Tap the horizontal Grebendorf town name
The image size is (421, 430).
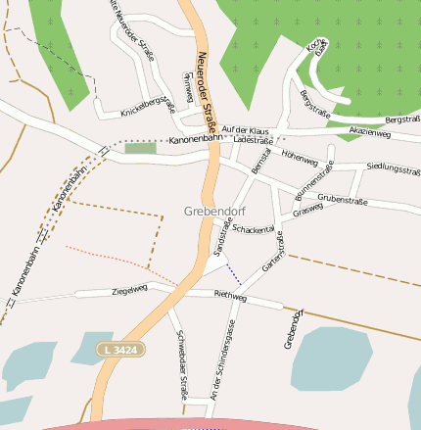tap(215, 211)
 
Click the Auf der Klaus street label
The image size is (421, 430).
tap(245, 130)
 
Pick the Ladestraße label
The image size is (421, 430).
tap(254, 140)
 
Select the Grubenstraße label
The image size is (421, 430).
tap(342, 199)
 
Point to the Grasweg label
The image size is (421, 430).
tap(307, 210)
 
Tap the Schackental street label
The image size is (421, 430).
tap(254, 229)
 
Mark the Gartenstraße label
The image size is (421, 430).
tap(272, 253)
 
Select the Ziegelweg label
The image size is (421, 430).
tap(129, 289)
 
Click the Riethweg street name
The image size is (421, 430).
tap(230, 295)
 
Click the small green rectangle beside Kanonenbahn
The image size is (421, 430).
tap(140, 148)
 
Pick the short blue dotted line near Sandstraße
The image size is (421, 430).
tap(233, 272)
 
